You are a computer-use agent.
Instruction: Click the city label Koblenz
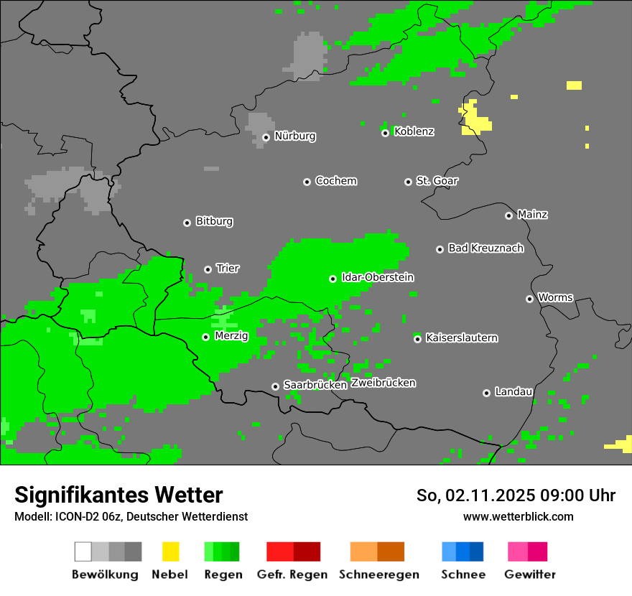coord(414,131)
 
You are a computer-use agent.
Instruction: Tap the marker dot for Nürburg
coord(266,137)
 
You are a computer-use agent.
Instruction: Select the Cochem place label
coord(335,181)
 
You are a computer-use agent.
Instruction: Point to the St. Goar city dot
coord(408,182)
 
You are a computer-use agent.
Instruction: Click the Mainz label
coord(532,214)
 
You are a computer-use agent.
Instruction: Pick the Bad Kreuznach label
coord(485,248)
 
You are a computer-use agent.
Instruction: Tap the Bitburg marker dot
coord(187,223)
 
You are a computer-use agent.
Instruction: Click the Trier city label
coord(228,268)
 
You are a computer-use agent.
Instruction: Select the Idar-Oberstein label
coord(377,277)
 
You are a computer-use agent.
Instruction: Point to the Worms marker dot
coord(529,299)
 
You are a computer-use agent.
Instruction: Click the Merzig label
coord(231,335)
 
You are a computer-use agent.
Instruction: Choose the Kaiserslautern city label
coord(461,337)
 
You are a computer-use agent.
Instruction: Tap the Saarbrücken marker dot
coord(275,386)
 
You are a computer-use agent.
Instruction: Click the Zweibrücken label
coord(383,383)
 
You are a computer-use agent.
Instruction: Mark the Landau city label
coord(513,391)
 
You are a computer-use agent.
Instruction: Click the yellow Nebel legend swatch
coord(170,551)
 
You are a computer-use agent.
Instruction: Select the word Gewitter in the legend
coord(529,574)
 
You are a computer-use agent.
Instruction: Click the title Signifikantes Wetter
coord(118,495)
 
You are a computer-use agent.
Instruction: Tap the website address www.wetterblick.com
coord(518,516)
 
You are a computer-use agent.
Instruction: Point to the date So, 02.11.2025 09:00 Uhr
coord(516,495)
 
